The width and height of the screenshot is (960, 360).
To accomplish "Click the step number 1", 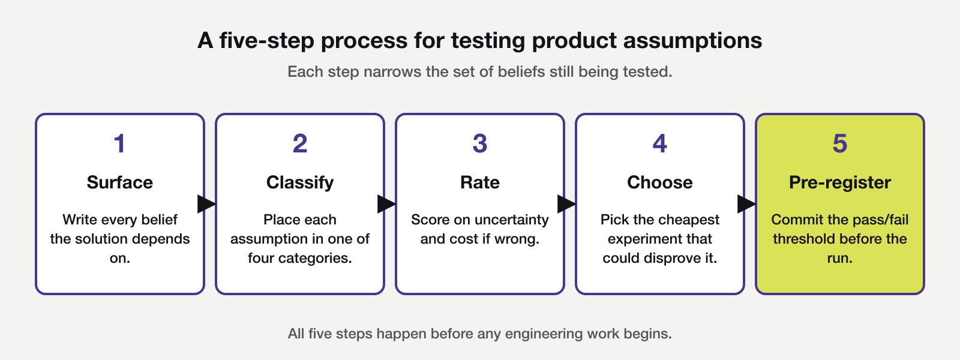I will [119, 144].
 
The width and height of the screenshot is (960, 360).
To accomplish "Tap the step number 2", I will [299, 144].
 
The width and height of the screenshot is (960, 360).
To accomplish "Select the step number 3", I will [479, 144].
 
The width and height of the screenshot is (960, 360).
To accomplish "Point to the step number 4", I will [659, 144].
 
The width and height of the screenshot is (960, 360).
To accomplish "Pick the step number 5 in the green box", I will [839, 144].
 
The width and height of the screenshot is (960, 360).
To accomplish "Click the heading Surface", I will [119, 182].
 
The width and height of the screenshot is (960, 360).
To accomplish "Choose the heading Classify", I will [299, 182].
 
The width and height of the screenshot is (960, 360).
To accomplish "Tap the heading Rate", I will [479, 182].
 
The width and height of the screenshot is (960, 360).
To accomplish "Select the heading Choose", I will [659, 182].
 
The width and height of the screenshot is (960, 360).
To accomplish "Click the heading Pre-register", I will [839, 182].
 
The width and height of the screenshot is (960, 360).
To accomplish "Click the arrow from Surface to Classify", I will [206, 204].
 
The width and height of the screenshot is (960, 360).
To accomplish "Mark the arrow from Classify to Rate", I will [386, 204].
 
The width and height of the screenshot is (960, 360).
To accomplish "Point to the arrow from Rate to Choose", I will [566, 204].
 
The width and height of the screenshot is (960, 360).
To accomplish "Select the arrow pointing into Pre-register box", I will [746, 204].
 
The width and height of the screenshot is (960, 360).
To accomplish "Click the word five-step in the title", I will [267, 41].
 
